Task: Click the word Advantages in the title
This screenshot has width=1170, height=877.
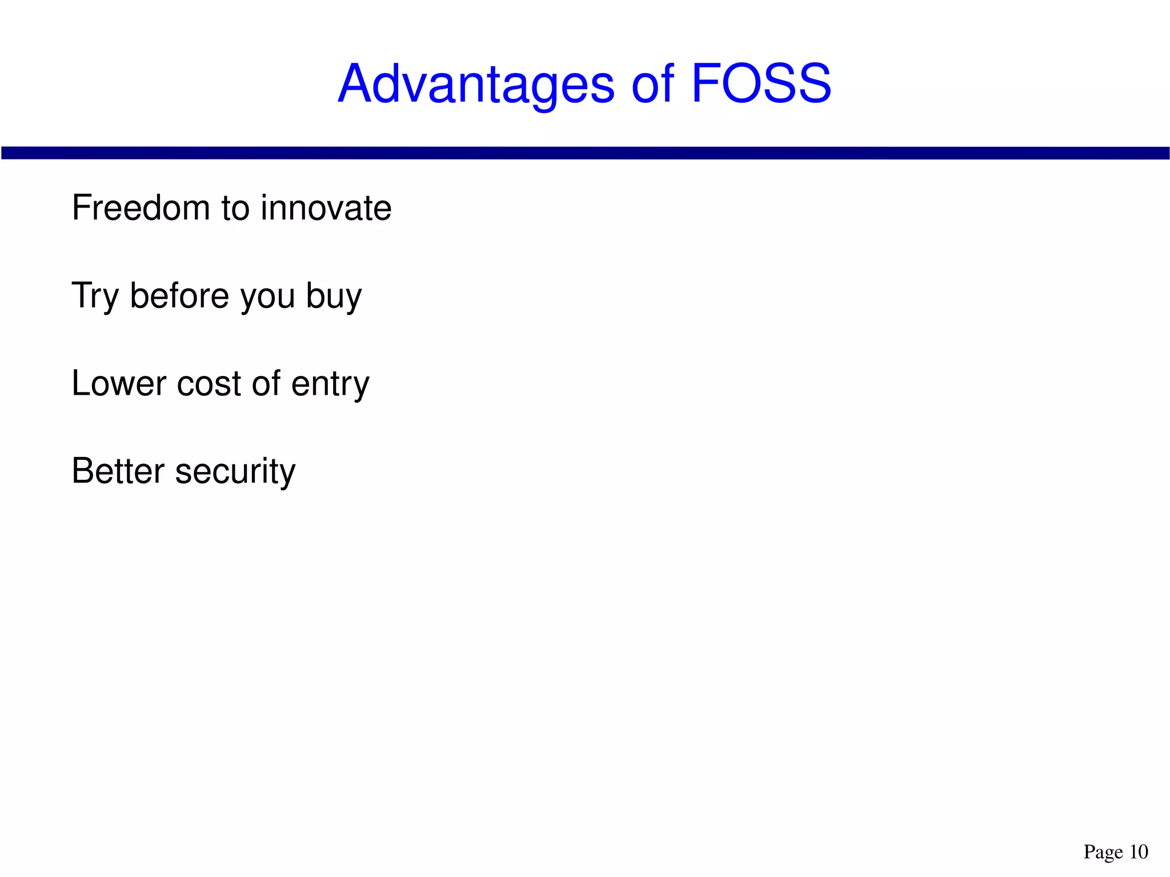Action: [x=476, y=85]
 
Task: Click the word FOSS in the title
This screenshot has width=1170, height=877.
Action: [x=760, y=85]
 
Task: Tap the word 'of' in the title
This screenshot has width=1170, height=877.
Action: [x=652, y=85]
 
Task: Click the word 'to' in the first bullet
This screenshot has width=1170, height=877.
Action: [x=235, y=209]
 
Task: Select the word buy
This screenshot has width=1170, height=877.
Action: [x=334, y=297]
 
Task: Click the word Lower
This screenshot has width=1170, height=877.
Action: [x=118, y=383]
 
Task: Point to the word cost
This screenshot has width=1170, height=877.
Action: [x=209, y=385]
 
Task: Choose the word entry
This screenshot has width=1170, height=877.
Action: [x=330, y=386]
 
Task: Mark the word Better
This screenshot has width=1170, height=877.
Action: [x=118, y=471]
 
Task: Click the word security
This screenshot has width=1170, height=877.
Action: [x=235, y=473]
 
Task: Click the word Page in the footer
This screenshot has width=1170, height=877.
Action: [x=1103, y=852]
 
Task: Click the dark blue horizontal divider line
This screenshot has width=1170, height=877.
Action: [x=585, y=153]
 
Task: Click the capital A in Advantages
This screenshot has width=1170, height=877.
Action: [x=355, y=85]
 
